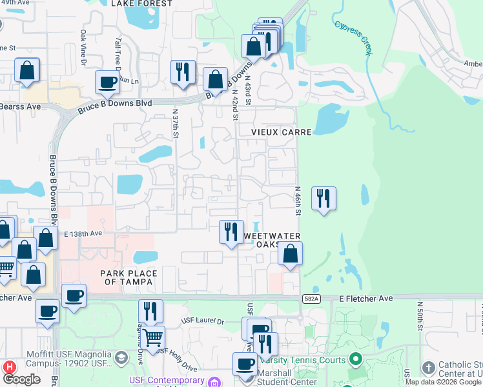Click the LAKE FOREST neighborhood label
(142, 4)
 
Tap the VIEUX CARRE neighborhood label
(282, 132)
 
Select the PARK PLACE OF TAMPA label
(128, 277)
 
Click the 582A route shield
(311, 299)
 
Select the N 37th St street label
(175, 123)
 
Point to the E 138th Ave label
(84, 233)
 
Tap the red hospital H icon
(9, 366)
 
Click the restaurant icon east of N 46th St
(324, 198)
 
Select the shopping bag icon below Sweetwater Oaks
(291, 253)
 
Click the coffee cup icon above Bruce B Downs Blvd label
(107, 82)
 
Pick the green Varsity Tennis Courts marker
(354, 358)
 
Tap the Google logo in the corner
(22, 379)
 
